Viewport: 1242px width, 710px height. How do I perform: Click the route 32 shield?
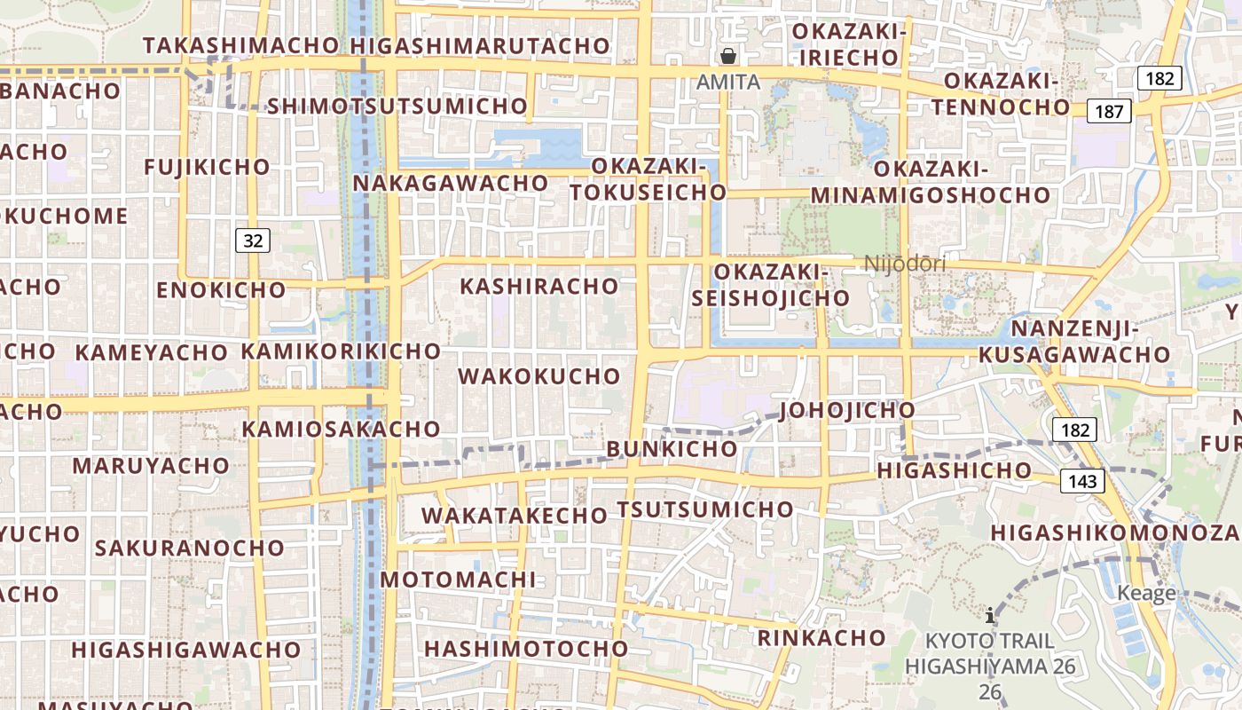point(253,241)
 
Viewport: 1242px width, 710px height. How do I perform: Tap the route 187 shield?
point(1109,111)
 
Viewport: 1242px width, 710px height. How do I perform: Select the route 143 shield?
point(1082,482)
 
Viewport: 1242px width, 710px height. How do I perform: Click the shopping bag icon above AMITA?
point(728,57)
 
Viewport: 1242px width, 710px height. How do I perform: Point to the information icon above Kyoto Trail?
point(990,614)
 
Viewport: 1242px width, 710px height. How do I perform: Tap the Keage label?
point(1147,593)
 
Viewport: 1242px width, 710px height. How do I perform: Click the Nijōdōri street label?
point(905,264)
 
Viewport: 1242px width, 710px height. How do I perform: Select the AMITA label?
point(728,82)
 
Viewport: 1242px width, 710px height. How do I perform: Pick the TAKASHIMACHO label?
point(240,45)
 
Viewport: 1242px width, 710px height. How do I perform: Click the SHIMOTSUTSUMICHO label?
point(397,106)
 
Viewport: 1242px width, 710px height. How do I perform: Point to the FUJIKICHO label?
point(207,167)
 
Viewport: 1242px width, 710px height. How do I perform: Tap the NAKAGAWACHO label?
point(451,183)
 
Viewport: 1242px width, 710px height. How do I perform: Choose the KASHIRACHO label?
point(538,286)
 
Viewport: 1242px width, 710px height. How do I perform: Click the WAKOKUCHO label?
point(538,375)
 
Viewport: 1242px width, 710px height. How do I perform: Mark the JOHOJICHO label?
point(847,410)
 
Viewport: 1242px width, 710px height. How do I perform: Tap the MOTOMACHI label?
point(458,580)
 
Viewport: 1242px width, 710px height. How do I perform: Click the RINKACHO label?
point(821,637)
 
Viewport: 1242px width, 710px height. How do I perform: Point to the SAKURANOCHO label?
point(189,547)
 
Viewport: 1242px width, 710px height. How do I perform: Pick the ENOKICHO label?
point(221,289)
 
